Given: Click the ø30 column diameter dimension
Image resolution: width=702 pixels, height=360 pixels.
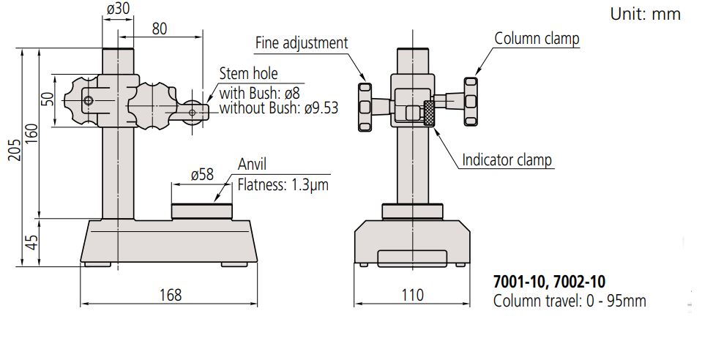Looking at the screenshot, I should [x=118, y=10].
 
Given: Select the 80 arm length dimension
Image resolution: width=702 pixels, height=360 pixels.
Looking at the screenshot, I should [x=160, y=29].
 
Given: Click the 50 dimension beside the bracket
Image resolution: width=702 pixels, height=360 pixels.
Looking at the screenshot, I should [x=48, y=100].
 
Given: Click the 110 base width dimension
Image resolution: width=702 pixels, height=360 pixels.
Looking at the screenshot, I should [x=411, y=294].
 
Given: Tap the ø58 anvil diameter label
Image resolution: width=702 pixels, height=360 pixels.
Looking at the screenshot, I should [x=201, y=175].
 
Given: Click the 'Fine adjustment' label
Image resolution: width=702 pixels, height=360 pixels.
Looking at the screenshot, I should [x=301, y=43].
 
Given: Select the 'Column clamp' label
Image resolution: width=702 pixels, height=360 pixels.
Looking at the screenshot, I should [x=537, y=38].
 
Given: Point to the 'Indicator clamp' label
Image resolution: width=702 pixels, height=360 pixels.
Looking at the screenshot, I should [x=507, y=160].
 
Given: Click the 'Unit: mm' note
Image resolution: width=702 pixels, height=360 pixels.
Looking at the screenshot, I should [x=645, y=14].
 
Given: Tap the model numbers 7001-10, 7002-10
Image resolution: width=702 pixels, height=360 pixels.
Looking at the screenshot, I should [x=549, y=281].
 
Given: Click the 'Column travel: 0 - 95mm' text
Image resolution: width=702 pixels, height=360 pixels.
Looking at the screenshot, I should [x=570, y=301].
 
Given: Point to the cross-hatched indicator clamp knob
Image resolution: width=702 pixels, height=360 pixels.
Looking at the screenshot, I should [x=429, y=113].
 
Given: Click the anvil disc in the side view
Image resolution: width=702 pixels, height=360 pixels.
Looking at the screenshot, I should [x=203, y=211].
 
